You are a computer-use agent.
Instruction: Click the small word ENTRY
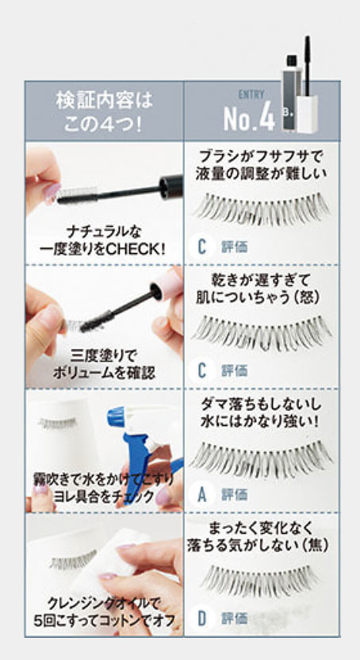click(x=251, y=94)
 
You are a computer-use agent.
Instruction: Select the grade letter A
click(x=202, y=495)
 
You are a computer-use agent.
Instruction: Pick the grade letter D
click(x=202, y=619)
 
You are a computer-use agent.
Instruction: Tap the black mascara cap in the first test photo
click(x=171, y=185)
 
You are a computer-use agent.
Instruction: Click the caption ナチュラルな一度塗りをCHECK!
click(x=103, y=240)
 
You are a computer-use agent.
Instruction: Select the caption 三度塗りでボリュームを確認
click(x=104, y=365)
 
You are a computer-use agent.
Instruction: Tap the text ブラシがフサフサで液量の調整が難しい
click(x=261, y=165)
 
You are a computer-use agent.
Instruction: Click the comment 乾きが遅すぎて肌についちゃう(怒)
click(x=258, y=288)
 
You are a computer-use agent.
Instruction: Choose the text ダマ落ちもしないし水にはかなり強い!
click(x=260, y=412)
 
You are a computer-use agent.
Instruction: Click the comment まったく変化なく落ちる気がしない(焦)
click(x=258, y=537)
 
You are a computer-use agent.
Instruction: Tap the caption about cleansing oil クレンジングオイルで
click(x=104, y=604)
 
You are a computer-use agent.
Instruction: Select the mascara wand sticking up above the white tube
click(x=308, y=65)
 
